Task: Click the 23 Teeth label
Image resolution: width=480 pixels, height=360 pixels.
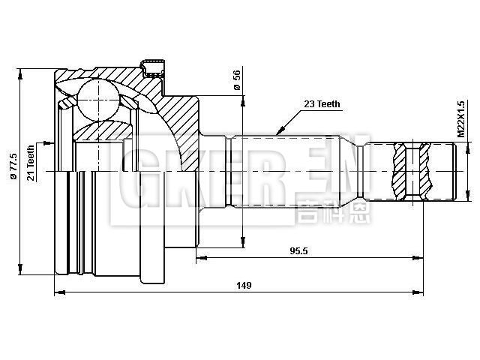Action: pyautogui.click(x=322, y=104)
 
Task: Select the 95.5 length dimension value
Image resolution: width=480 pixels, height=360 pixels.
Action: pyautogui.click(x=300, y=251)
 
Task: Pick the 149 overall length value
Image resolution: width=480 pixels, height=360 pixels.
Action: pyautogui.click(x=243, y=285)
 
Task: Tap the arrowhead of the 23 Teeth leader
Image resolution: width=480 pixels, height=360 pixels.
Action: pyautogui.click(x=278, y=131)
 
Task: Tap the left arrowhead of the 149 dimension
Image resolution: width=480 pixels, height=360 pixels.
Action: pyautogui.click(x=58, y=293)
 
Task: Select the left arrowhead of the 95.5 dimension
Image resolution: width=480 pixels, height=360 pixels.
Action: pyautogui.click(x=200, y=259)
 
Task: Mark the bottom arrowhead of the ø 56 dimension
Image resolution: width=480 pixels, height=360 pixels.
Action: pyautogui.click(x=241, y=243)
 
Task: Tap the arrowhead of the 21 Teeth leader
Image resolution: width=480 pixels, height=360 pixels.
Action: pyautogui.click(x=52, y=141)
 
